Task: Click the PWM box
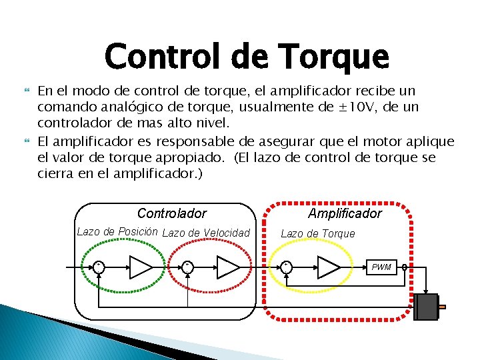tap(382, 267)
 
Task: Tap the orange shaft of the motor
tap(441, 307)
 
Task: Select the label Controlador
tap(171, 214)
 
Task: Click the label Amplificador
tap(345, 213)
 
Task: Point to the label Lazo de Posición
tap(117, 232)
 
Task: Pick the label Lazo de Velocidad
tap(206, 233)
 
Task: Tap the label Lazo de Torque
tap(317, 233)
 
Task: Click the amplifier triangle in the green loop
tap(141, 267)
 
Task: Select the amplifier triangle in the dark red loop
tap(227, 267)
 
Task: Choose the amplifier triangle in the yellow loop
tap(328, 267)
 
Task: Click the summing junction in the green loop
tap(98, 267)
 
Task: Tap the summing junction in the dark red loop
tap(188, 267)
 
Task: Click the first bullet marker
tap(27, 89)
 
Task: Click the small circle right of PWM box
tap(404, 268)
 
